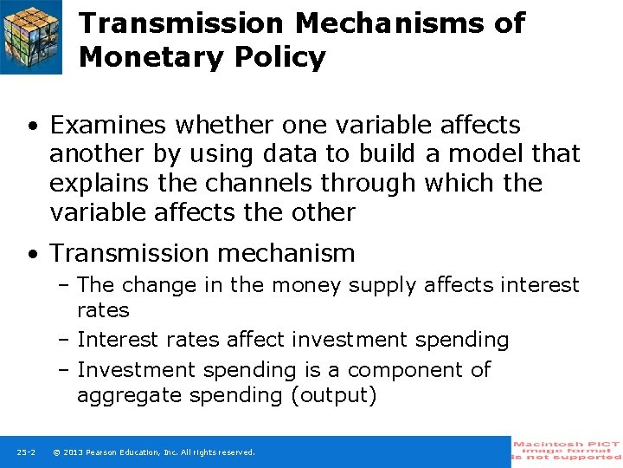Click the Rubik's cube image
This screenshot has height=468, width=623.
(x=31, y=36)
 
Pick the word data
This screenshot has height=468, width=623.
(x=301, y=154)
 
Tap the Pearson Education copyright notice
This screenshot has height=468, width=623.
(x=154, y=452)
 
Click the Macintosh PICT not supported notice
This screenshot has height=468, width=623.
(x=567, y=451)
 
